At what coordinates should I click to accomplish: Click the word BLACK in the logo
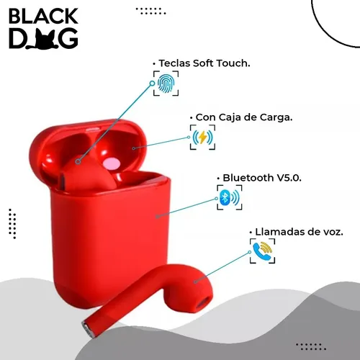(43, 16)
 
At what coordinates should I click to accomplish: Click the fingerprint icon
(166, 84)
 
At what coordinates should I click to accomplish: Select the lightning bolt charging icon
(202, 138)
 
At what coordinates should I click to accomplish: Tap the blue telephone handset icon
(261, 251)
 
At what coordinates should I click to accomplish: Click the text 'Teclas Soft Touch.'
(204, 63)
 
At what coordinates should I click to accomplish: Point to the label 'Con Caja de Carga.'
(244, 117)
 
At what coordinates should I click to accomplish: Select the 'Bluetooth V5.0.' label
(262, 178)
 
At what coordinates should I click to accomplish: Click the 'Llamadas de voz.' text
(299, 232)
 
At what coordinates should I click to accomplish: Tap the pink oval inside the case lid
(112, 164)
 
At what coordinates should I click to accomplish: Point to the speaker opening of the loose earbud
(203, 302)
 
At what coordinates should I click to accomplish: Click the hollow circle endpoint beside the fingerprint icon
(152, 84)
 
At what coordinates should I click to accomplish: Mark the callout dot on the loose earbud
(196, 282)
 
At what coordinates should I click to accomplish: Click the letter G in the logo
(68, 39)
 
